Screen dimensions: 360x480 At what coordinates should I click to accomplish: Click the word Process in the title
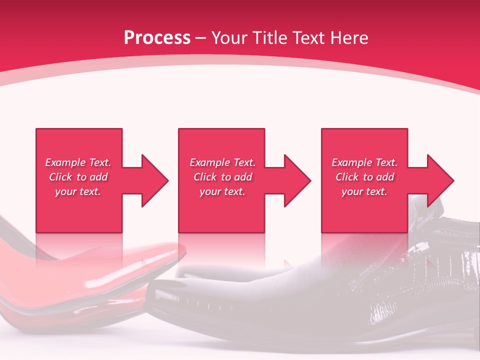pyautogui.click(x=157, y=38)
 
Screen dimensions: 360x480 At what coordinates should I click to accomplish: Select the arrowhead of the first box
pyautogui.click(x=155, y=180)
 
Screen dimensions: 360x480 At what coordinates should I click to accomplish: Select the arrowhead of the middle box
pyautogui.click(x=297, y=180)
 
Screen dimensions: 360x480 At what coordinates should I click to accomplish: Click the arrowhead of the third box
pyautogui.click(x=440, y=180)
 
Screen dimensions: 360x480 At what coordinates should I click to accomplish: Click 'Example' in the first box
pyautogui.click(x=65, y=162)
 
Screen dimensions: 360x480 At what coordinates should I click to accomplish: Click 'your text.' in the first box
pyautogui.click(x=78, y=191)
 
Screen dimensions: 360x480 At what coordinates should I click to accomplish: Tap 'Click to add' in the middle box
pyautogui.click(x=222, y=177)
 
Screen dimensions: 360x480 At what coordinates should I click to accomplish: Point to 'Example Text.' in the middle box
pyautogui.click(x=222, y=162)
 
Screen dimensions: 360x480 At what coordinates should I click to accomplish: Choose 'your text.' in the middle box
pyautogui.click(x=222, y=191)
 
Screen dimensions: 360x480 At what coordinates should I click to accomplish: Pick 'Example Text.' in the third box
pyautogui.click(x=364, y=162)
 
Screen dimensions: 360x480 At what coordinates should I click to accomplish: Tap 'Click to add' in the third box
pyautogui.click(x=364, y=177)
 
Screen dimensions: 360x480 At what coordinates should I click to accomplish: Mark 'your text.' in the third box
pyautogui.click(x=364, y=191)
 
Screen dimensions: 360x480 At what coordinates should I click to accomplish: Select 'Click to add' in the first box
pyautogui.click(x=78, y=177)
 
